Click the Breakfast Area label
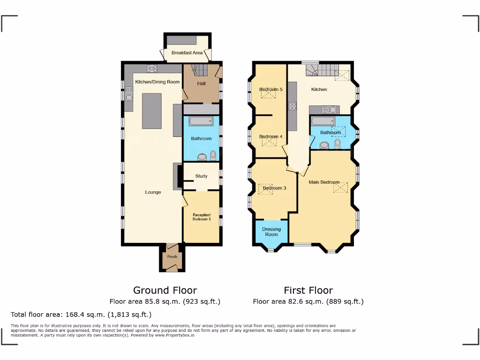coord(187,53)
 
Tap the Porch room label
coord(172,256)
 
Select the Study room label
coord(202,176)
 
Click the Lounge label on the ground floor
coord(153,192)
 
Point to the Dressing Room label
coord(271,232)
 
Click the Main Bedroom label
coord(324,182)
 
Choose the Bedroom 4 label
coord(271,136)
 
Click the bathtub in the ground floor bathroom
coord(201,121)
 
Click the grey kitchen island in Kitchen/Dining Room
coord(152,111)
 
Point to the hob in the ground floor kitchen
coord(152,68)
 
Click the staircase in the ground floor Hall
coord(200,71)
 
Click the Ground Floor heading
coord(165,290)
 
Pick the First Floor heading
coord(308,290)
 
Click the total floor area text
coord(81,315)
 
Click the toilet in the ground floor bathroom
coord(213,155)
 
